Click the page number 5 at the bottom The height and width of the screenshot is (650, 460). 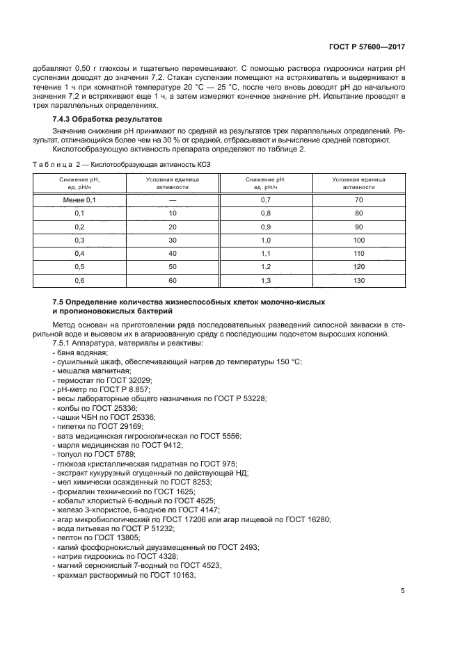(403, 591)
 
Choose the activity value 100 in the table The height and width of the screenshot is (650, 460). (358, 240)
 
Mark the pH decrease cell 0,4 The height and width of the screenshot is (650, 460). (79, 253)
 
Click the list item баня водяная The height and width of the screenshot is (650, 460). (77, 354)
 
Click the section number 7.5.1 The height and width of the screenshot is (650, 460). (65, 345)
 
